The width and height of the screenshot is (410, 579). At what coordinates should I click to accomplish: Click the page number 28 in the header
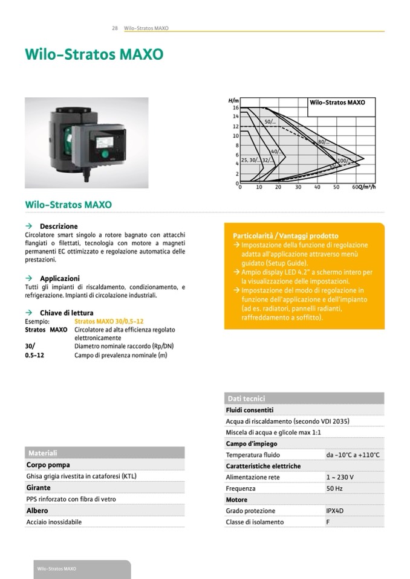[114, 28]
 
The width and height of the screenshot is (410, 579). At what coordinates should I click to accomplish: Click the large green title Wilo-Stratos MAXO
[94, 55]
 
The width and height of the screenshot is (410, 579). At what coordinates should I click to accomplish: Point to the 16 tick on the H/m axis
[236, 107]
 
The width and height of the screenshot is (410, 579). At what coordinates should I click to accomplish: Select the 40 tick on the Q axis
[317, 187]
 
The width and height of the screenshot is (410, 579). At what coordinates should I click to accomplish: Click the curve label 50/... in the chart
[270, 122]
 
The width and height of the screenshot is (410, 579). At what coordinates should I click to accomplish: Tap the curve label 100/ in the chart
[342, 161]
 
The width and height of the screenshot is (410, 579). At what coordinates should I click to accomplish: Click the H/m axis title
[233, 100]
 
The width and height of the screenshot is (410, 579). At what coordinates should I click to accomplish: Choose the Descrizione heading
[59, 226]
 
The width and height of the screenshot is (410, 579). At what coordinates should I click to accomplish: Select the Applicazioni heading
[59, 278]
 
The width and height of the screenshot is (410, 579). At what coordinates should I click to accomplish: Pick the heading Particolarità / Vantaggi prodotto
[285, 235]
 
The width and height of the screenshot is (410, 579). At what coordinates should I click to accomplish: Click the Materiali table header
[42, 453]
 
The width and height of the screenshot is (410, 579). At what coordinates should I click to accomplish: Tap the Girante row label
[38, 488]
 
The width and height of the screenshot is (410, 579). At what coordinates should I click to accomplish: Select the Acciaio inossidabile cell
[54, 522]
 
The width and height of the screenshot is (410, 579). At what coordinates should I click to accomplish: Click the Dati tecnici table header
[246, 398]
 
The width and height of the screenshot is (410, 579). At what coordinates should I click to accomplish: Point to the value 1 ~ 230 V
[340, 477]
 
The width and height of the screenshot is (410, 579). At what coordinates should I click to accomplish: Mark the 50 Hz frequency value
[334, 488]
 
